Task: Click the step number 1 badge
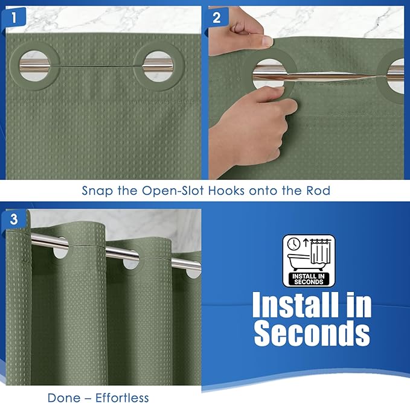point(14,17)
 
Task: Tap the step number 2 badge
point(217,17)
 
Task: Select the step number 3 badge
point(14,219)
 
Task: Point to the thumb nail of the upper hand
point(267,41)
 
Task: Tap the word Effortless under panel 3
point(122,398)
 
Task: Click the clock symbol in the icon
point(293,244)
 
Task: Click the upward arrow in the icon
point(306,243)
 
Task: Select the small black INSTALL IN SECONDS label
point(309,279)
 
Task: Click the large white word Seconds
point(312,333)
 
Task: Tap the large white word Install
point(295,305)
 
